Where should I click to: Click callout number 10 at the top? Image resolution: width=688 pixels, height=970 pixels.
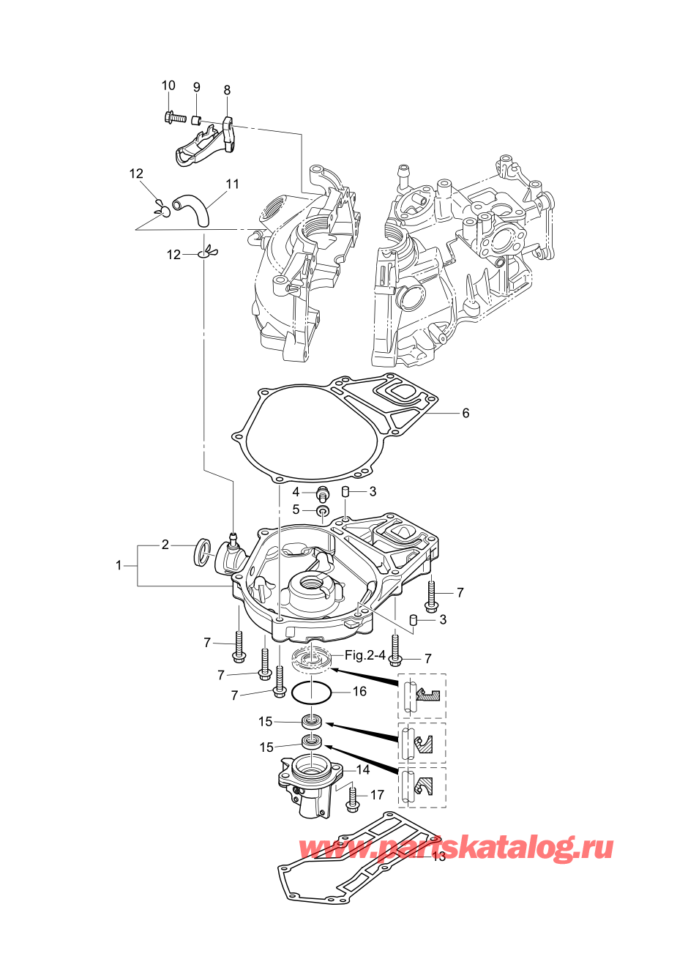[168, 86]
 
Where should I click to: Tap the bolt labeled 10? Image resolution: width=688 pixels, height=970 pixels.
[175, 116]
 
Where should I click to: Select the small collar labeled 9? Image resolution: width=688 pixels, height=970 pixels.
[196, 119]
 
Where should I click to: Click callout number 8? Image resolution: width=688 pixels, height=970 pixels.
[227, 90]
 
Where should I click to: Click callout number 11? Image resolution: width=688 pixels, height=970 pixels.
[233, 184]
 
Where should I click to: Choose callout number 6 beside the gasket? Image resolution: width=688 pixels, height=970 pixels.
[465, 413]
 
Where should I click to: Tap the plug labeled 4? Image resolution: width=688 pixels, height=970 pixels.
[322, 493]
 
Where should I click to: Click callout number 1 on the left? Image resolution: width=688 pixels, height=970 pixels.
[119, 565]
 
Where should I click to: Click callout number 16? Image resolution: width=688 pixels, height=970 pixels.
[360, 692]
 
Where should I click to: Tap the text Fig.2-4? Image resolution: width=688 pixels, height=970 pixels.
[365, 655]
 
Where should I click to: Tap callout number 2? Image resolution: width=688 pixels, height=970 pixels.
[165, 545]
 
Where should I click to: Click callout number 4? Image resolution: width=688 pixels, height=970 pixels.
[296, 492]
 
